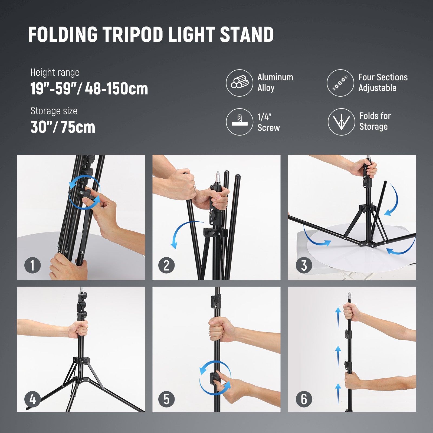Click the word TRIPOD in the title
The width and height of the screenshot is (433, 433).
pyautogui.click(x=133, y=35)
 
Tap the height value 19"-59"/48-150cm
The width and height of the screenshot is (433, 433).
pyautogui.click(x=89, y=88)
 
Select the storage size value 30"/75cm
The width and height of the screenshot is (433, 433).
pyautogui.click(x=63, y=127)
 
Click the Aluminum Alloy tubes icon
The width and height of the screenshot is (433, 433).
pyautogui.click(x=240, y=83)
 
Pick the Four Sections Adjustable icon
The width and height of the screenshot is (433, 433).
pyautogui.click(x=340, y=83)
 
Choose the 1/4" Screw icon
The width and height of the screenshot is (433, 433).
pyautogui.click(x=240, y=122)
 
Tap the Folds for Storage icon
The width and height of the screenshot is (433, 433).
pyautogui.click(x=341, y=122)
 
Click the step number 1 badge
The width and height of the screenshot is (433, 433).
pyautogui.click(x=32, y=265)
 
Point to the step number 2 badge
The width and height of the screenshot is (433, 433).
pyautogui.click(x=166, y=265)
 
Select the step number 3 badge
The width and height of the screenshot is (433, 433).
pyautogui.click(x=304, y=265)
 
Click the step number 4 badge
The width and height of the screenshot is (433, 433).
pyautogui.click(x=32, y=399)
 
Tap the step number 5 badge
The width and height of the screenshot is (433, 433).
pyautogui.click(x=166, y=399)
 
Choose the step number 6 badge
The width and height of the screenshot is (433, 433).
pyautogui.click(x=304, y=399)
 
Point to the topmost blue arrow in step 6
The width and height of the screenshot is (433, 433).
pyautogui.click(x=338, y=318)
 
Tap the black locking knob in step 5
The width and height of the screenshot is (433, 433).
pyautogui.click(x=215, y=378)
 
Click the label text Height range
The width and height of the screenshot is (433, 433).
pyautogui.click(x=55, y=73)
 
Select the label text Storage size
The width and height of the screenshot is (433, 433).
pyautogui.click(x=54, y=111)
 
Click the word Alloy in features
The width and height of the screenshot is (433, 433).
pyautogui.click(x=266, y=88)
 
